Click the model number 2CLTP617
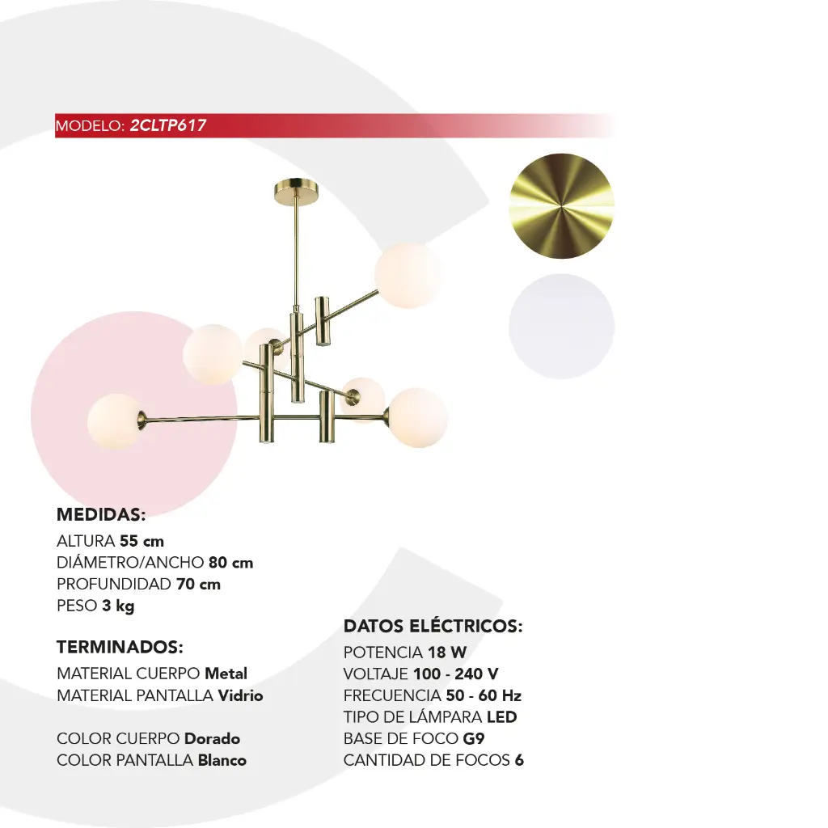[168, 125]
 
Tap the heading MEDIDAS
[101, 514]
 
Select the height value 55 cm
[142, 541]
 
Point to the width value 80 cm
[230, 563]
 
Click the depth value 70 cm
[198, 584]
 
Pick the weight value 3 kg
[118, 606]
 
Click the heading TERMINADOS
[120, 647]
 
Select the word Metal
[226, 674]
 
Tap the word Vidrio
[240, 695]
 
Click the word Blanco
[222, 760]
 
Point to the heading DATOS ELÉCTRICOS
[433, 626]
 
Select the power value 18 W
[447, 653]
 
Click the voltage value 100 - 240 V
[456, 674]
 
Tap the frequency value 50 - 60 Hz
[484, 695]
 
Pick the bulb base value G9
[474, 739]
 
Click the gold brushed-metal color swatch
[561, 206]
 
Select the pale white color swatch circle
[561, 327]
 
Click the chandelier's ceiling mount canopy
[296, 192]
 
